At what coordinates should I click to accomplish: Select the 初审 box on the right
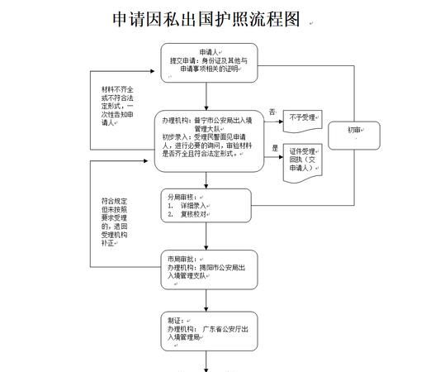coord(353,130)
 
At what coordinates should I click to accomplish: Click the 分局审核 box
coord(206,206)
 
